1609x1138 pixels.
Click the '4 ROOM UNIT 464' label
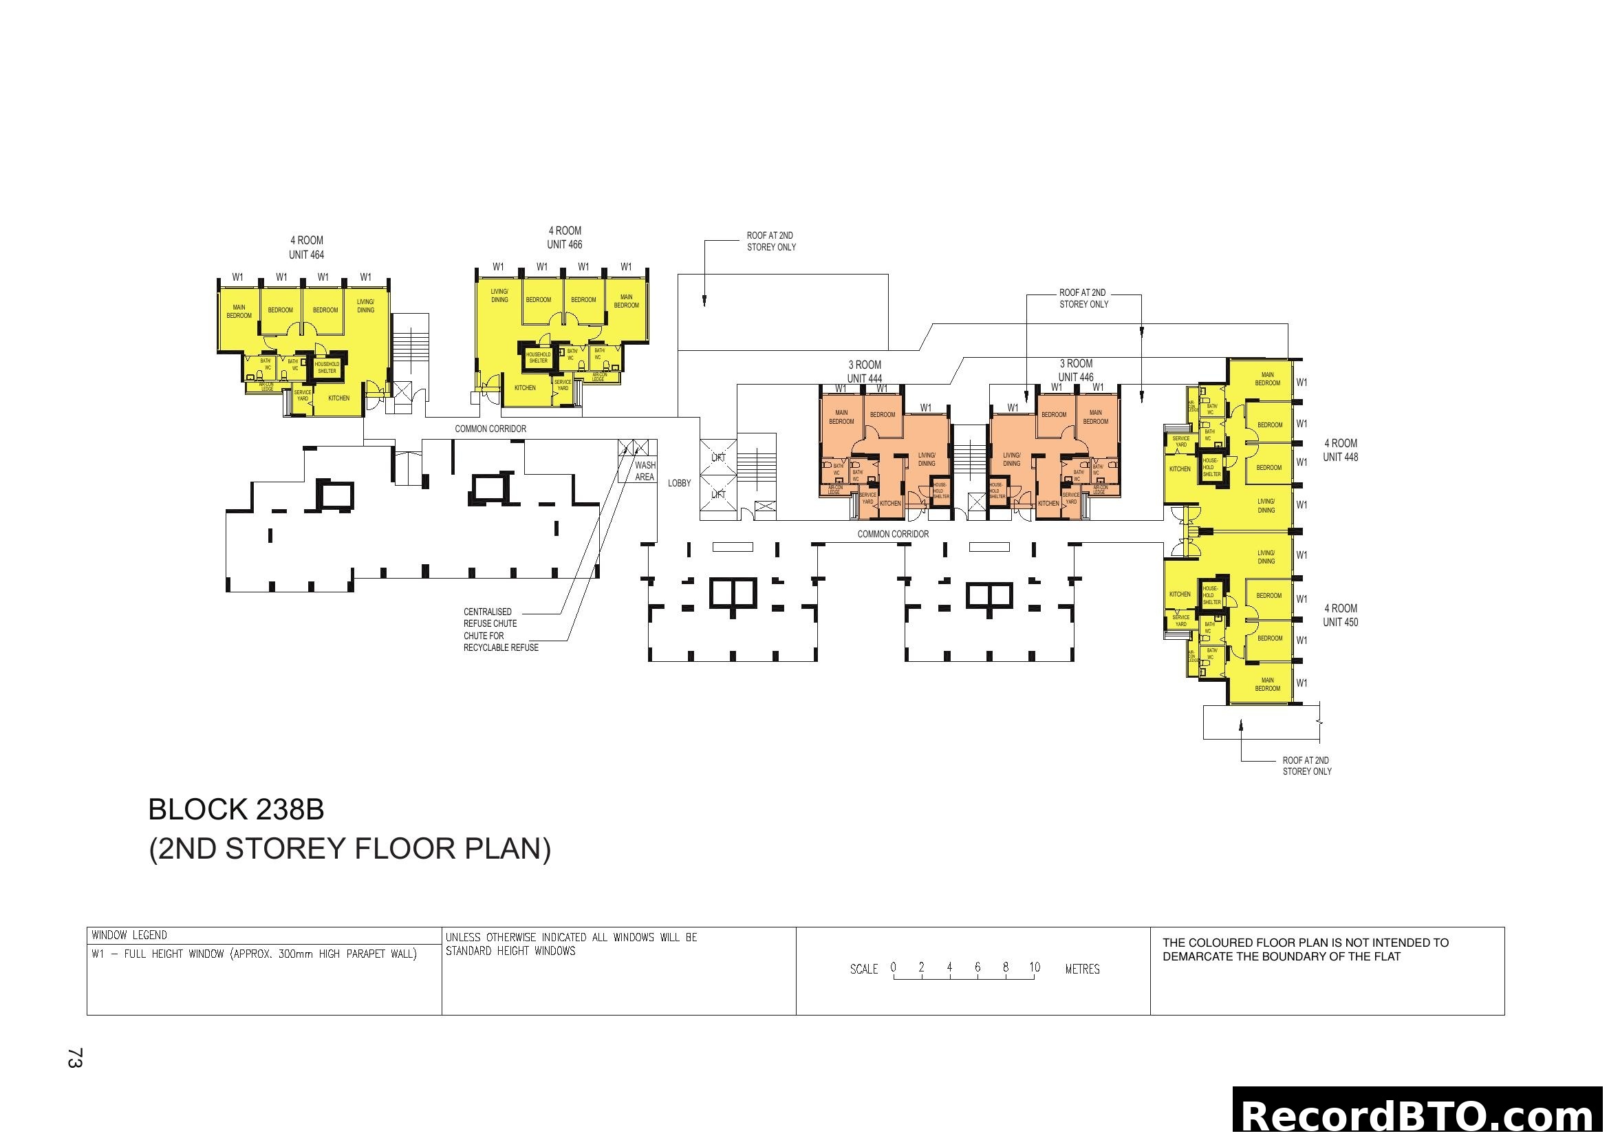pos(306,248)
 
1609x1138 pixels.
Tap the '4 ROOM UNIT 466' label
pos(565,237)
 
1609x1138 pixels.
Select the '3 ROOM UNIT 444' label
pos(864,372)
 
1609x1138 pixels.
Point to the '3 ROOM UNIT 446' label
pos(1076,370)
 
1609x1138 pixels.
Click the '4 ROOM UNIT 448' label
pos(1340,450)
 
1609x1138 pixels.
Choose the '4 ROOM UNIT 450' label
pos(1340,615)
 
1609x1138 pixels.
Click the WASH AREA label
pos(645,471)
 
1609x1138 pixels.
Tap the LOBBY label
pos(679,483)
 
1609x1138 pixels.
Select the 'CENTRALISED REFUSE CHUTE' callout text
pos(490,617)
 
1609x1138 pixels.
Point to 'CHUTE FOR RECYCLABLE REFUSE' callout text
pos(500,642)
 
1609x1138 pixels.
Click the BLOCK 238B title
pos(236,810)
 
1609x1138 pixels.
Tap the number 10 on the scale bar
pos(1035,968)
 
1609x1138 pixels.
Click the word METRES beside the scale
pos(1082,969)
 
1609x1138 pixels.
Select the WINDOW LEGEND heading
pos(129,936)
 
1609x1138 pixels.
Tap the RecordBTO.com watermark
pos(1419,1115)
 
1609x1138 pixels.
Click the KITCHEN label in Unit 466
pos(525,387)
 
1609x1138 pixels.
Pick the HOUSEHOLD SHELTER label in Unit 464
pos(327,367)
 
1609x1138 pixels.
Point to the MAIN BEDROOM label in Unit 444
pos(841,417)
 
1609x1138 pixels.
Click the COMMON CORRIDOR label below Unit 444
pos(893,534)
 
